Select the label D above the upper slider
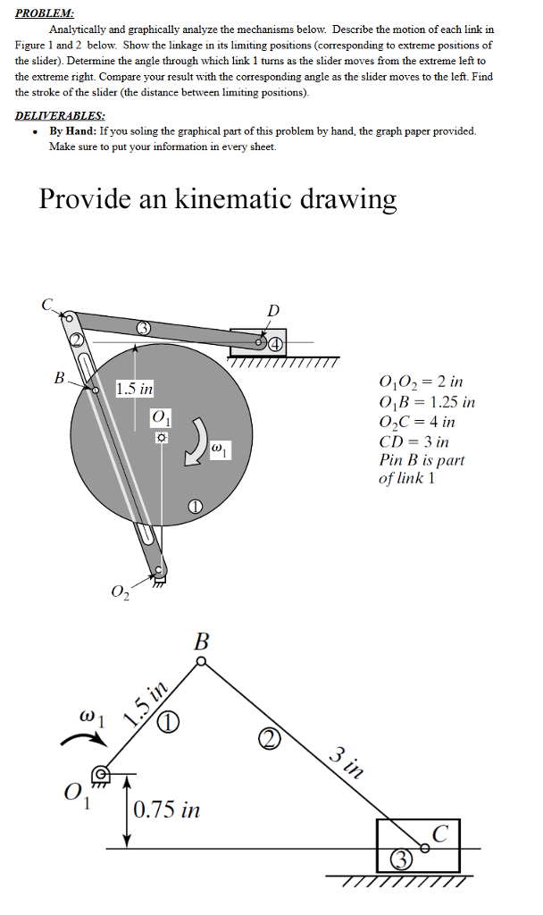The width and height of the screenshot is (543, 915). click(273, 310)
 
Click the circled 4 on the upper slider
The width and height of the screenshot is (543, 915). click(277, 342)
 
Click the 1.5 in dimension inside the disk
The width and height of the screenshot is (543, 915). click(135, 390)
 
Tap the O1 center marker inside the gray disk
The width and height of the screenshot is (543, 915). click(161, 439)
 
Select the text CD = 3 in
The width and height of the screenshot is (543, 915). click(414, 441)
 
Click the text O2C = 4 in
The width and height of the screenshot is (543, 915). click(417, 422)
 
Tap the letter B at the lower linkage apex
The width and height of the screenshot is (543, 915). click(202, 642)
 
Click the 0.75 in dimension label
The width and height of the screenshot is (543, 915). click(167, 811)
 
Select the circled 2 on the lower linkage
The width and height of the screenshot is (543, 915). click(271, 737)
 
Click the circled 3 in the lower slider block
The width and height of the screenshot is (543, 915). click(401, 861)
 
